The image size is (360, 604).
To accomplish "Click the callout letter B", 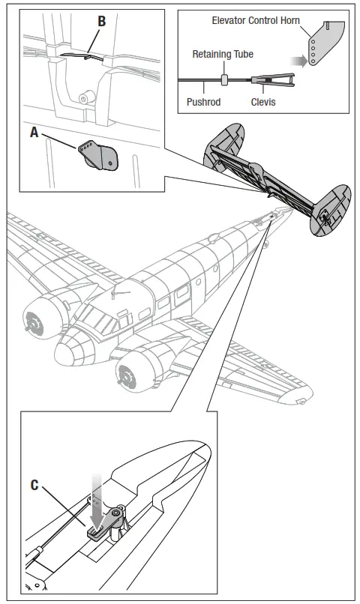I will click(x=102, y=21).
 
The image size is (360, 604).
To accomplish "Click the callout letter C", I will click(x=34, y=485).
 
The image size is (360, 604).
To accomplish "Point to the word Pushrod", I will click(x=203, y=101).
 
